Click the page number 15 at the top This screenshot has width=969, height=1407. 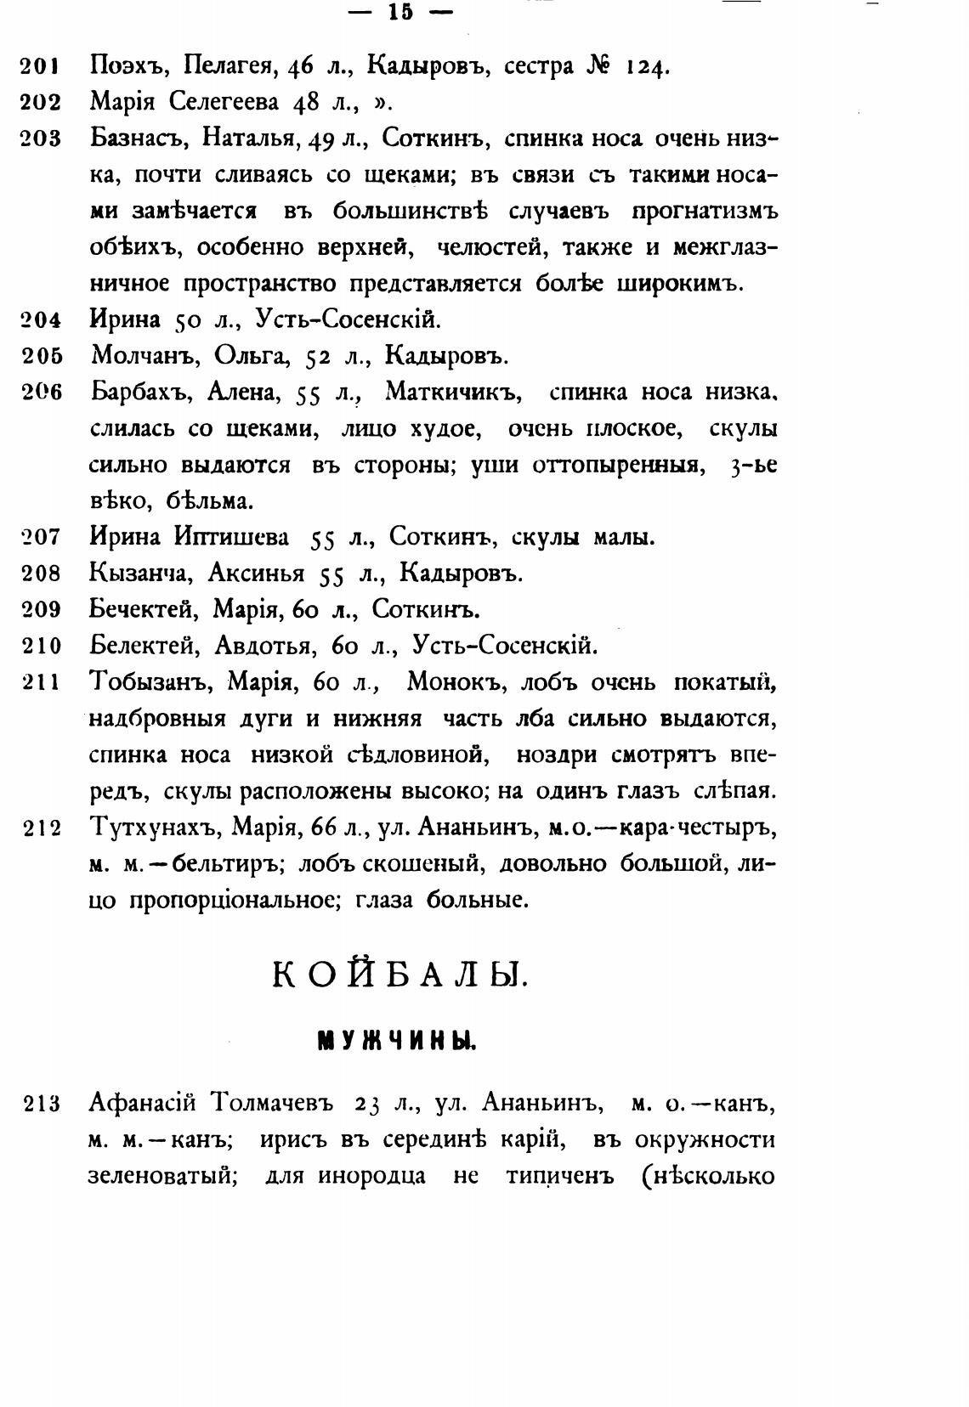coord(400,12)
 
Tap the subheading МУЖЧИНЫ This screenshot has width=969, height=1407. coord(396,1040)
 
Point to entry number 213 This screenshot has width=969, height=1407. coord(42,1105)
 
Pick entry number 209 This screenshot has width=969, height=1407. coord(42,609)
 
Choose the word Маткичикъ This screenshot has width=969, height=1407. coord(452,393)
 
